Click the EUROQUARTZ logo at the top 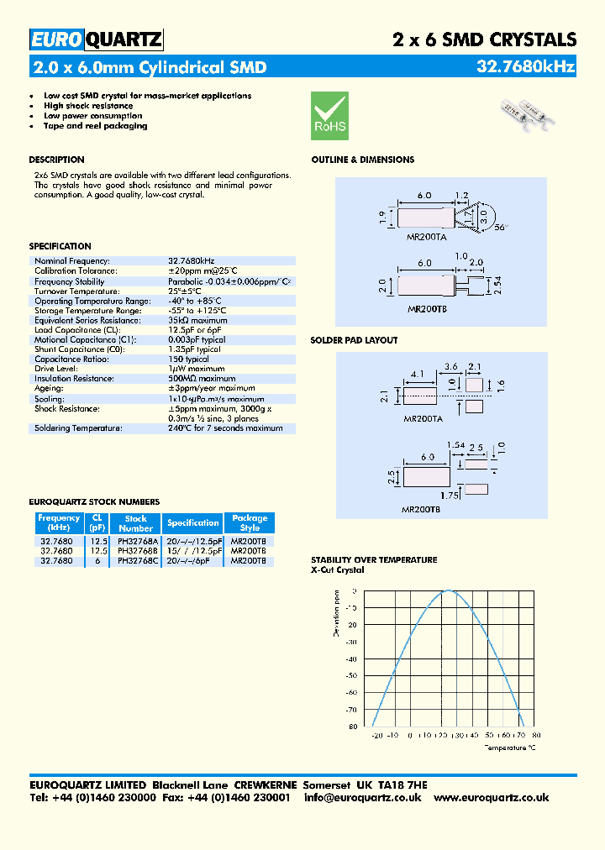tap(97, 39)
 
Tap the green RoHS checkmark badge tap(329, 116)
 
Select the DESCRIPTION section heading tap(56, 160)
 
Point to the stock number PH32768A tap(135, 542)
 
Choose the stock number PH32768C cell tap(135, 560)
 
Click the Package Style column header tap(250, 522)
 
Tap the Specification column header tap(192, 522)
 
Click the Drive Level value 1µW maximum tap(196, 369)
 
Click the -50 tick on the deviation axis tap(351, 675)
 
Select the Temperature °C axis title tap(510, 745)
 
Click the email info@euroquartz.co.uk tap(362, 797)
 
